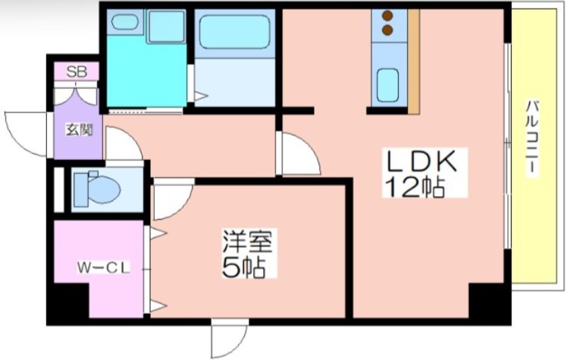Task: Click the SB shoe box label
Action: [x=76, y=71]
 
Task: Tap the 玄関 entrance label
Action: [x=79, y=129]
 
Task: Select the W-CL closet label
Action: [x=103, y=267]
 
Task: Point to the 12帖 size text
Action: [x=415, y=187]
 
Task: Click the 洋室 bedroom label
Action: [x=247, y=241]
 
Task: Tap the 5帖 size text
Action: [x=243, y=267]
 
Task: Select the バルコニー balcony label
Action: [x=531, y=138]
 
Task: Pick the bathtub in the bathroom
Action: [x=235, y=32]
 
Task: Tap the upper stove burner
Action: [x=387, y=16]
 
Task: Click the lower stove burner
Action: [x=387, y=30]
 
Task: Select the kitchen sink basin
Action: [x=388, y=85]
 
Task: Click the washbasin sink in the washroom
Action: [x=125, y=22]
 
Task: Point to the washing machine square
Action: [x=166, y=26]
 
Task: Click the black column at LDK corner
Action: [x=490, y=301]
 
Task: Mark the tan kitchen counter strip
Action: [x=414, y=62]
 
